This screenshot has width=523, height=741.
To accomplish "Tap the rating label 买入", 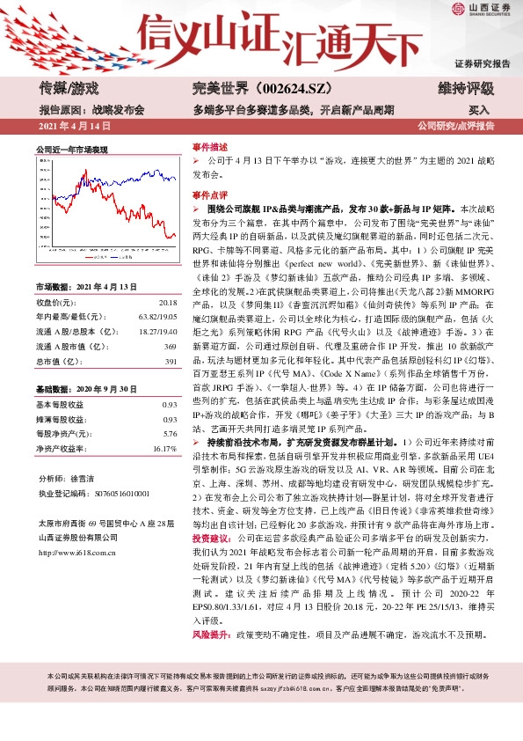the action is click(479, 111).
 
